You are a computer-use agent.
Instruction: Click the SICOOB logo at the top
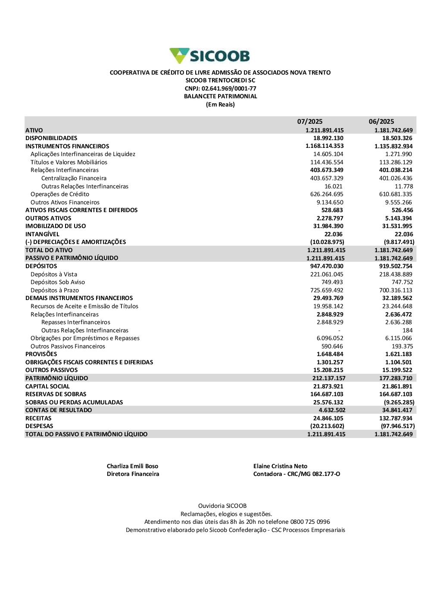210,56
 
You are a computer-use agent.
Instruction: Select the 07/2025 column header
309,122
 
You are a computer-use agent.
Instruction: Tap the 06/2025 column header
381,122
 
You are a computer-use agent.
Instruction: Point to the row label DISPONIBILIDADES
51,138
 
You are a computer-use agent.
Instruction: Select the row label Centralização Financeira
74,178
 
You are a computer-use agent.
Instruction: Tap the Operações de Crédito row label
60,194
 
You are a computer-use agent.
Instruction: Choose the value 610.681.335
395,194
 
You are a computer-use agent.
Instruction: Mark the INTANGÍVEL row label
42,235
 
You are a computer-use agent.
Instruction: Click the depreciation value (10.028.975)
327,242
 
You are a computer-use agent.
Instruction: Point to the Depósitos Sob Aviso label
58,282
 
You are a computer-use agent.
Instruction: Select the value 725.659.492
327,291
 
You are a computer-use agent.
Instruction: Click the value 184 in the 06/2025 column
407,331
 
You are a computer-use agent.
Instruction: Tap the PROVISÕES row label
41,354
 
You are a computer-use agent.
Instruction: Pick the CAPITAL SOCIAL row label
47,387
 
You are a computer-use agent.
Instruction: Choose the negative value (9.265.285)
399,403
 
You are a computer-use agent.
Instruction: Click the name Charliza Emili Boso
132,466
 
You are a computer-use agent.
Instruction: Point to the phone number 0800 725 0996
310,522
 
